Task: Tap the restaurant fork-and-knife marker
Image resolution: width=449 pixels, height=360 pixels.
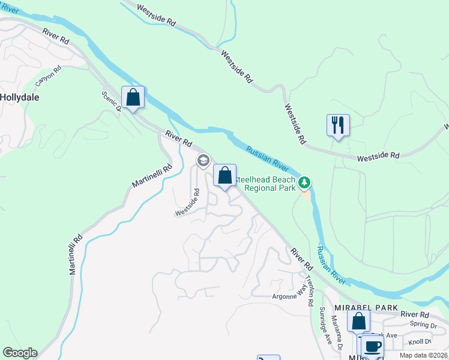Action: click(338, 125)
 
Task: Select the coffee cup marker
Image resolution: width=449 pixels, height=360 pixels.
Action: click(372, 346)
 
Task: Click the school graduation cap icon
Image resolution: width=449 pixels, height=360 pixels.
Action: click(203, 160)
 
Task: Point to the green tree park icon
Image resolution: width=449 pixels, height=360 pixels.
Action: click(305, 182)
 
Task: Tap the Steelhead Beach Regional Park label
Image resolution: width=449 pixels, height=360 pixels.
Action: click(266, 184)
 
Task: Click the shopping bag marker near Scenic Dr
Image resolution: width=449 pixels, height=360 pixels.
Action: click(133, 98)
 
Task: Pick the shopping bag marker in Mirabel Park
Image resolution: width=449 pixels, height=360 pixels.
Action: click(358, 320)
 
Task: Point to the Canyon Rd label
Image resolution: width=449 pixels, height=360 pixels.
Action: click(48, 76)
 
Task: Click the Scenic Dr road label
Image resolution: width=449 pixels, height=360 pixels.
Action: click(112, 101)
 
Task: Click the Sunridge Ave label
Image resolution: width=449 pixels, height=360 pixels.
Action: click(325, 324)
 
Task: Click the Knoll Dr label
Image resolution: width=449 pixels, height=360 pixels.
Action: click(420, 341)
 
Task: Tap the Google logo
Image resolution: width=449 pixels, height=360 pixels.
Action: click(20, 353)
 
